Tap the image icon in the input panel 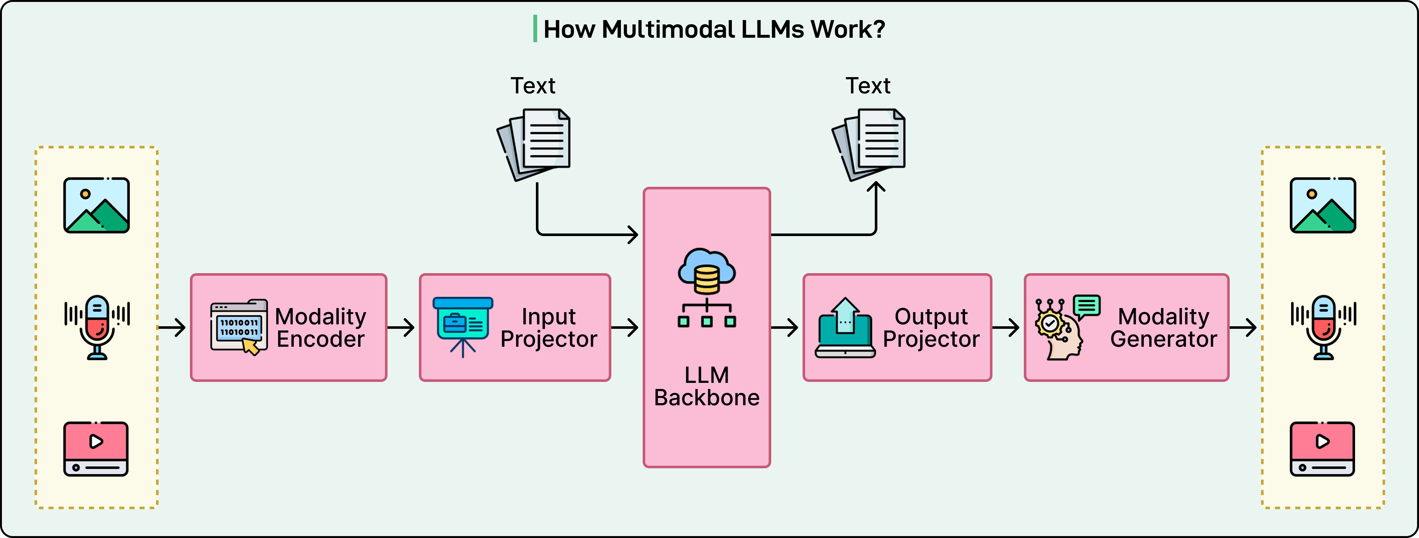click(96, 205)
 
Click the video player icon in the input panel click(96, 449)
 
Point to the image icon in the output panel click(1323, 205)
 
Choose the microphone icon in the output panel click(1323, 327)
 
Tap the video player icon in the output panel click(1322, 449)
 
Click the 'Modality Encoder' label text click(321, 328)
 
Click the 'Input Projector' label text click(549, 328)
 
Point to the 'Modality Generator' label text click(1164, 328)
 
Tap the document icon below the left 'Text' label click(534, 145)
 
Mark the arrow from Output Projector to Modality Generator click(1006, 328)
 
